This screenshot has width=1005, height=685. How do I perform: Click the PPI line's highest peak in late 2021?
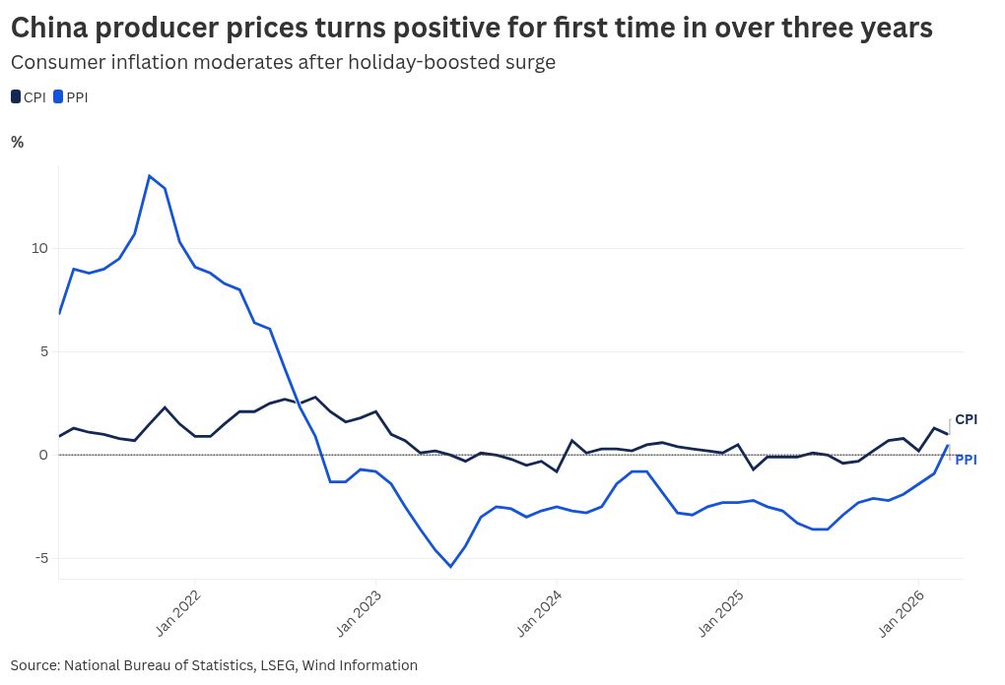pos(149,176)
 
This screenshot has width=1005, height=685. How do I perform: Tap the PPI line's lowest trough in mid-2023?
pos(450,567)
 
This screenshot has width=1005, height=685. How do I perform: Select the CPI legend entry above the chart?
pos(29,97)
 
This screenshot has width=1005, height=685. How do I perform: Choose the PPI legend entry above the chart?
pos(70,97)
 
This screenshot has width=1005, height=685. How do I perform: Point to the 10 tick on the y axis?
pos(38,248)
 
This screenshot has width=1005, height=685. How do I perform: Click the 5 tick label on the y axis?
pos(42,351)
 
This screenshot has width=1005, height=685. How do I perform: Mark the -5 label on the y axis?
pos(39,558)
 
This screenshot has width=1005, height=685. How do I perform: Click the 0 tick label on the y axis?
pos(42,455)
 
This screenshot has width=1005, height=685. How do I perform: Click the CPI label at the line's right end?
pos(966,419)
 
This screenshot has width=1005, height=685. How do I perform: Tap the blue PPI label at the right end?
pos(966,460)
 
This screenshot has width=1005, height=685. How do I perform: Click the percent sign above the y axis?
pos(17,142)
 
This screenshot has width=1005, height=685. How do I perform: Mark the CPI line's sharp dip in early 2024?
pos(557,471)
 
